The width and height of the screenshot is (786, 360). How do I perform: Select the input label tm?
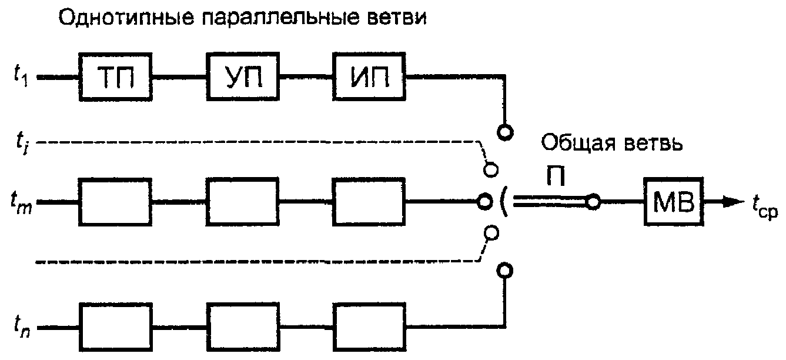tap(21, 203)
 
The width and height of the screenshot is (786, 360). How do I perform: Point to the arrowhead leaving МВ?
tap(733, 202)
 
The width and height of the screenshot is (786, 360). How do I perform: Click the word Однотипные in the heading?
tap(126, 18)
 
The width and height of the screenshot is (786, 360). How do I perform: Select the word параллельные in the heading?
tap(281, 18)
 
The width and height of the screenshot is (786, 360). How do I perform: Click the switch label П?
tap(556, 176)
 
